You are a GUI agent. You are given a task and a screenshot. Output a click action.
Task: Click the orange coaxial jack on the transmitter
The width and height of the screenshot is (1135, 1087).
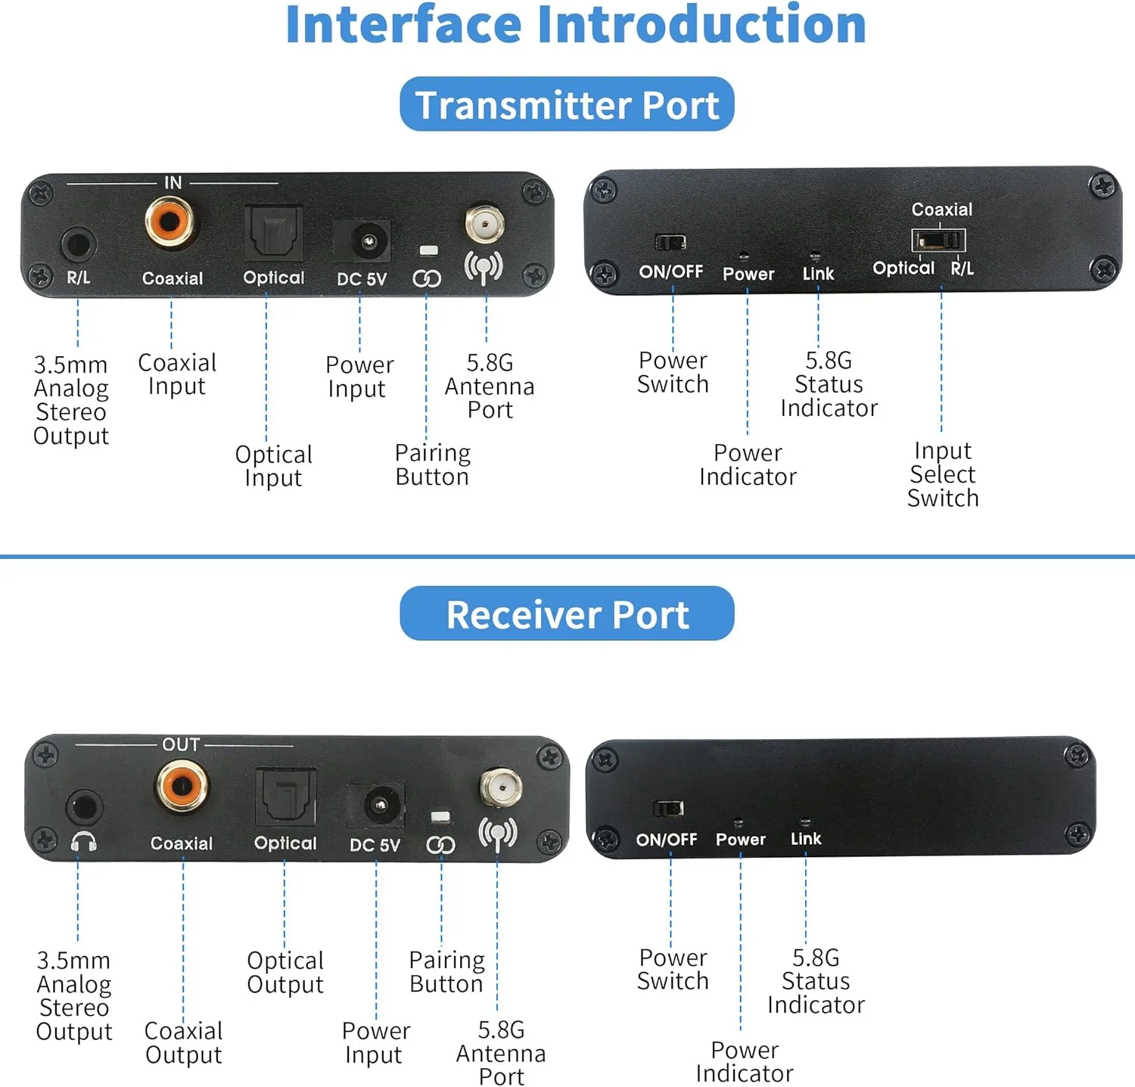(x=169, y=221)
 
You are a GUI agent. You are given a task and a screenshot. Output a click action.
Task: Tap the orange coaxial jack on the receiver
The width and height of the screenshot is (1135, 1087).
(x=182, y=786)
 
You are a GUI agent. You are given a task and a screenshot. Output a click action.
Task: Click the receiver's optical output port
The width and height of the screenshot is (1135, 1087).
(x=285, y=797)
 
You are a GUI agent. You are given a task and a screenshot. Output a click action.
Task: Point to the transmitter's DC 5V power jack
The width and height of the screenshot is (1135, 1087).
(x=363, y=241)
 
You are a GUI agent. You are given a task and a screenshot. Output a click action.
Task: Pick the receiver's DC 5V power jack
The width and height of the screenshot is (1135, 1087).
(x=376, y=806)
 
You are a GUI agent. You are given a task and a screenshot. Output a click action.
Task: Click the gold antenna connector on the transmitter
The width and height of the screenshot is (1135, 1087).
(x=484, y=223)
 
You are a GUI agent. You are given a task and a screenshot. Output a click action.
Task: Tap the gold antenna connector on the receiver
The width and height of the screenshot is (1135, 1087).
(x=500, y=789)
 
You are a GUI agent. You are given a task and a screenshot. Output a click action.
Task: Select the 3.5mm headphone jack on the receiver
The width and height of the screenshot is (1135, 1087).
(x=83, y=808)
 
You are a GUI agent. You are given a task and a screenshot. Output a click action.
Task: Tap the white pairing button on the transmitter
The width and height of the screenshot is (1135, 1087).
(x=429, y=250)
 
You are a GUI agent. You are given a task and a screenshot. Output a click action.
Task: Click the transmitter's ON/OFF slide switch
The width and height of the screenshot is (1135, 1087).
(x=670, y=242)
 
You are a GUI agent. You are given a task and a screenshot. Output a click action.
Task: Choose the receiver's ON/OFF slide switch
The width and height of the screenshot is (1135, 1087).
(x=669, y=808)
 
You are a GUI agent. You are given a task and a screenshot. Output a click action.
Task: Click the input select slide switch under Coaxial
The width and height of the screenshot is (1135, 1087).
(x=938, y=241)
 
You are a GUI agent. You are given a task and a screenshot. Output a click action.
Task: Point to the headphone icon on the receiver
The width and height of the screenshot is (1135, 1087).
(x=83, y=841)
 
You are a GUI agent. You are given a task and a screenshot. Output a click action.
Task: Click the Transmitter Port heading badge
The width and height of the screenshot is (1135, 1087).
(x=567, y=104)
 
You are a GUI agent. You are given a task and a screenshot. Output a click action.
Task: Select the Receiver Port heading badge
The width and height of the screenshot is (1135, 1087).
(x=567, y=613)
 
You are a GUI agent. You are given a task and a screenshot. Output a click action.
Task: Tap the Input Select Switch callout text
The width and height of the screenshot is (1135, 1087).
(x=943, y=474)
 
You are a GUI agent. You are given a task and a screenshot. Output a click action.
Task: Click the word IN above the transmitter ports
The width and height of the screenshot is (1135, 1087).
(x=173, y=182)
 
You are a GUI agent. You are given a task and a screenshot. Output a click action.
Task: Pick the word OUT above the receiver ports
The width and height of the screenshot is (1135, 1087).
(x=182, y=744)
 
